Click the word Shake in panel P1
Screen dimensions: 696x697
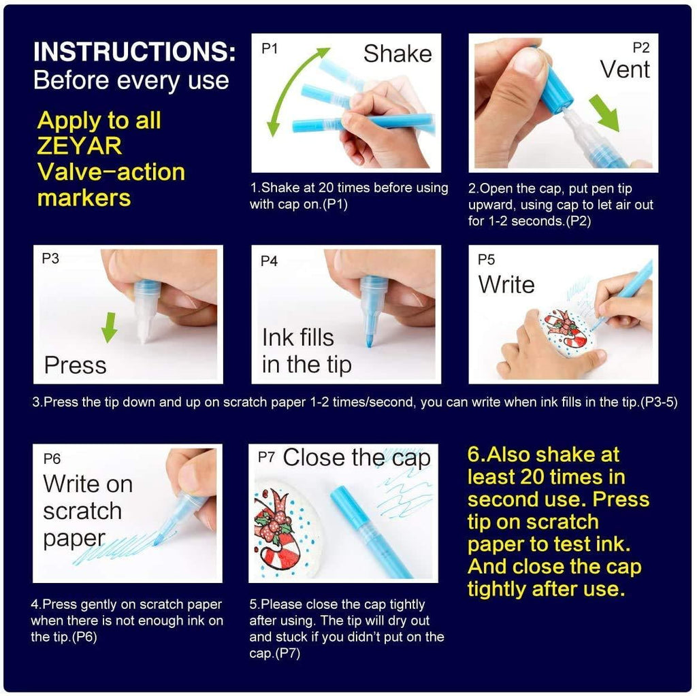tap(398, 54)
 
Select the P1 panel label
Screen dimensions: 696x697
tap(270, 48)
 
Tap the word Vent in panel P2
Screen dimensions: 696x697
tap(624, 69)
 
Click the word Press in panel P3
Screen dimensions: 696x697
tap(76, 365)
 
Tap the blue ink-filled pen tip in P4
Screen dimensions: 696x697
tap(369, 336)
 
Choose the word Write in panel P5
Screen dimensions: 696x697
tap(506, 284)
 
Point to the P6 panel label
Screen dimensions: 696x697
tap(52, 459)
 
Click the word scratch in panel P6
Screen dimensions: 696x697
tap(82, 512)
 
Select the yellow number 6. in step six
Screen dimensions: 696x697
tap(479, 454)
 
